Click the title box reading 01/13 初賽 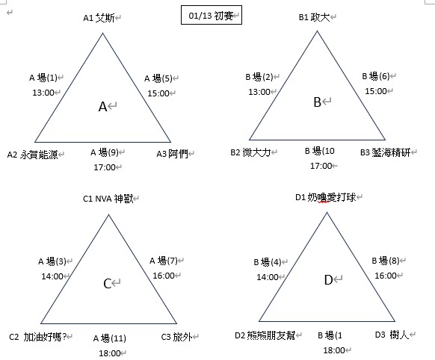(x=212, y=15)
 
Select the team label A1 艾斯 (x=99, y=18)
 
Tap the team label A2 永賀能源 (x=32, y=155)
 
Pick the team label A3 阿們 (x=172, y=154)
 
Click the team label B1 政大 (x=315, y=17)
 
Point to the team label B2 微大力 (x=250, y=152)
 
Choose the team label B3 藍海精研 (x=386, y=152)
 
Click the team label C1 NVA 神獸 (x=108, y=199)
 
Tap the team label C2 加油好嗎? (x=37, y=337)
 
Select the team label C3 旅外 (x=176, y=337)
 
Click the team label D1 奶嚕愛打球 (x=326, y=197)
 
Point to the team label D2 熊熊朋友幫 (x=265, y=335)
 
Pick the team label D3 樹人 (x=392, y=335)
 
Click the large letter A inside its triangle (x=102, y=106)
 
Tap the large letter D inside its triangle (x=328, y=280)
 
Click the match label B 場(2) (x=259, y=77)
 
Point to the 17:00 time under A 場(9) (x=105, y=167)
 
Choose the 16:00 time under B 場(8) (x=386, y=276)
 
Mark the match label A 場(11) (x=110, y=338)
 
